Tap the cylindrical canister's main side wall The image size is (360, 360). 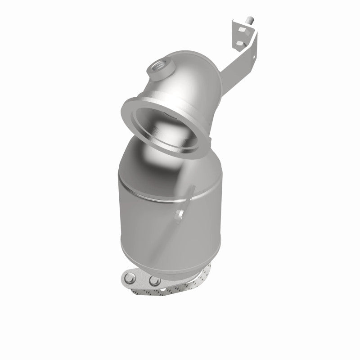pos(148,220)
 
